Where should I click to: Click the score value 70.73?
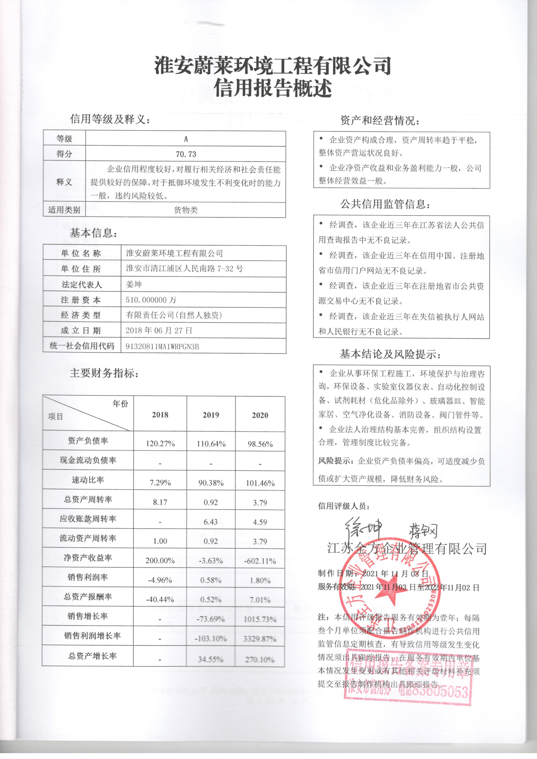point(186,154)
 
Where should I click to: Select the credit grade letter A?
point(186,139)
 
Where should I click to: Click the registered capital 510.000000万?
point(151,300)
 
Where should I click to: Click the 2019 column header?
point(211,415)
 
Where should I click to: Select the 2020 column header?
point(260,415)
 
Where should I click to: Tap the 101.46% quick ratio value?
point(260,483)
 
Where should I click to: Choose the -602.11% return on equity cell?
point(260,561)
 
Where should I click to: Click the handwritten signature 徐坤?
point(363,527)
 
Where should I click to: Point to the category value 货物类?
point(186,210)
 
